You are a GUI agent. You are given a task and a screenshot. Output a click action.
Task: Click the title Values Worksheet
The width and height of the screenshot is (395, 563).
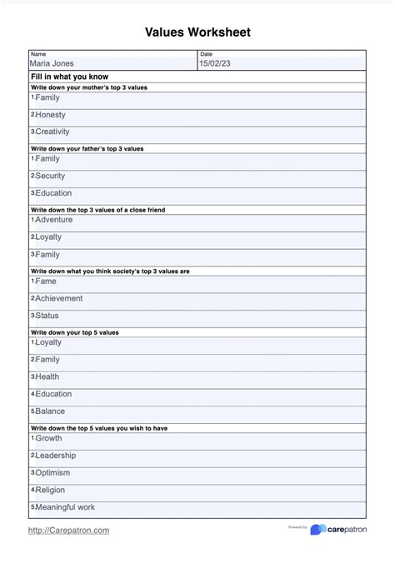(197, 32)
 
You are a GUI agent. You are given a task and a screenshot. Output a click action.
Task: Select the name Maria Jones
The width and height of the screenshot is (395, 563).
(52, 63)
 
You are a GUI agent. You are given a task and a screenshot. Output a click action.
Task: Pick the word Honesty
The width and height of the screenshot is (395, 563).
(50, 115)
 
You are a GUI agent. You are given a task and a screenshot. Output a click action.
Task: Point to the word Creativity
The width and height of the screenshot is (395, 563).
(52, 132)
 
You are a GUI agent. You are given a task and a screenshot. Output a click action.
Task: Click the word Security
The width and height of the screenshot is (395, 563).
(50, 176)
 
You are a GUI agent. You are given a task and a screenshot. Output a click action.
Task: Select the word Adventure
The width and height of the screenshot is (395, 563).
(53, 220)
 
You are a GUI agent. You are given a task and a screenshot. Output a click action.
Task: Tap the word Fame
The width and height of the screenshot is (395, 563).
(46, 281)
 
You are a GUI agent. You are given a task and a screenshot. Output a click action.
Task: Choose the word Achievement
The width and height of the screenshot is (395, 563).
(58, 298)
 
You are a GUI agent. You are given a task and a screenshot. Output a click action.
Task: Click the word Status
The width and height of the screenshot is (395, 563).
(47, 316)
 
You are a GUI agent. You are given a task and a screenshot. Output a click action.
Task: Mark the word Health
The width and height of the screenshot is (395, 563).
(47, 376)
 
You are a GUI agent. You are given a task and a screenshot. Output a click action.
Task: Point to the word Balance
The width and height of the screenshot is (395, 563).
(50, 411)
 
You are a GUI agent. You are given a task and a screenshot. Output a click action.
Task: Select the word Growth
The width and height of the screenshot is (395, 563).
(48, 438)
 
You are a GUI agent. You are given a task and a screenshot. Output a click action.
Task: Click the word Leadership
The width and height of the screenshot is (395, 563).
(56, 456)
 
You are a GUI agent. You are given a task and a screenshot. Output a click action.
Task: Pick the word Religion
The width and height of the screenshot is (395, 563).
(50, 490)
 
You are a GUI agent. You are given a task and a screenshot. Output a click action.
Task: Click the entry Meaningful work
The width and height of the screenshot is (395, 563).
(65, 506)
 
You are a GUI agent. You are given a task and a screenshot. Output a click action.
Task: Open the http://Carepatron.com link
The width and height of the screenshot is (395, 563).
(68, 530)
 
